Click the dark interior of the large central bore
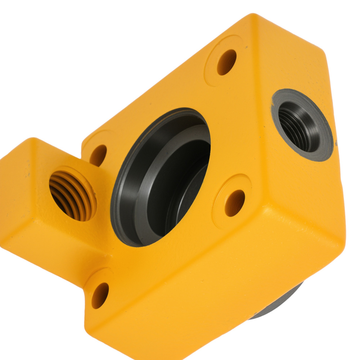pyautogui.click(x=180, y=187)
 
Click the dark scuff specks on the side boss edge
pyautogui.click(x=28, y=175)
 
